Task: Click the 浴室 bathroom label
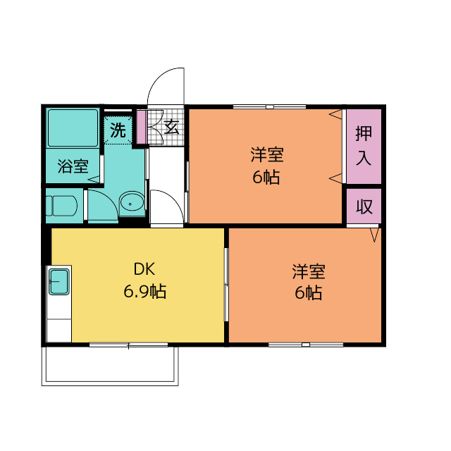[73, 167]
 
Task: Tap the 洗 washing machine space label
[119, 130]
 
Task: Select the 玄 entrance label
[171, 128]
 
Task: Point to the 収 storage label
[364, 207]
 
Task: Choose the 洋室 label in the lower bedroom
[309, 271]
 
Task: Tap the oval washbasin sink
[131, 204]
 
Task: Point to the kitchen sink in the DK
[58, 283]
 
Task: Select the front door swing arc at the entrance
[166, 84]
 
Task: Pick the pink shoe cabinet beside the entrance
[140, 127]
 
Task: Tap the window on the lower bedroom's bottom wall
[305, 345]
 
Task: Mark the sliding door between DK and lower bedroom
[226, 285]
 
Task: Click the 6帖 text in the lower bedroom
[309, 293]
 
